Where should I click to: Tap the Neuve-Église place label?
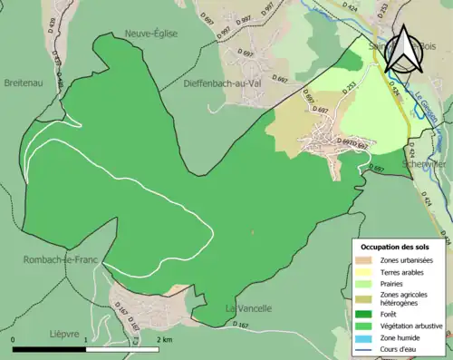click(150, 34)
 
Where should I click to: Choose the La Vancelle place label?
click(248, 308)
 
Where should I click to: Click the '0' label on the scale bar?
click(14, 339)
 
